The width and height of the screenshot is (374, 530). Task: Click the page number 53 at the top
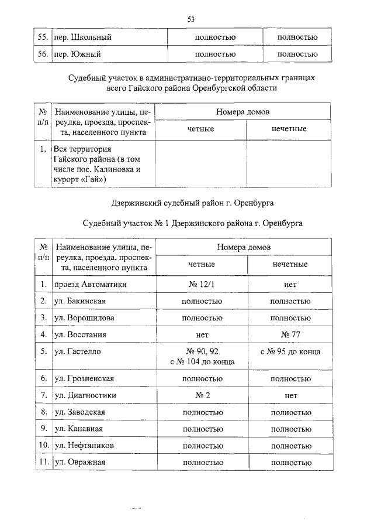[191, 19]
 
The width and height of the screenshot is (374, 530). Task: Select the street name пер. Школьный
[82, 38]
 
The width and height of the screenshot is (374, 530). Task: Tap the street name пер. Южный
[78, 54]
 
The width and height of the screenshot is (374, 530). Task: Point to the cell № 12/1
[202, 285]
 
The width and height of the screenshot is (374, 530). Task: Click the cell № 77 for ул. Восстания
[290, 335]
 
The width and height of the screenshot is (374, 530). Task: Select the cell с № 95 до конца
[290, 352]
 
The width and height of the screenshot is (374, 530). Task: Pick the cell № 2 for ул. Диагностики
[202, 395]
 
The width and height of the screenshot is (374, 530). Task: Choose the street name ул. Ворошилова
[84, 318]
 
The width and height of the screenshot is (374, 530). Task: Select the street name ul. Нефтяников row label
[84, 446]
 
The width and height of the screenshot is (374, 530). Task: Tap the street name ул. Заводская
[79, 412]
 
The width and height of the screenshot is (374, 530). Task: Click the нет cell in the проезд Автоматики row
[290, 285]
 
